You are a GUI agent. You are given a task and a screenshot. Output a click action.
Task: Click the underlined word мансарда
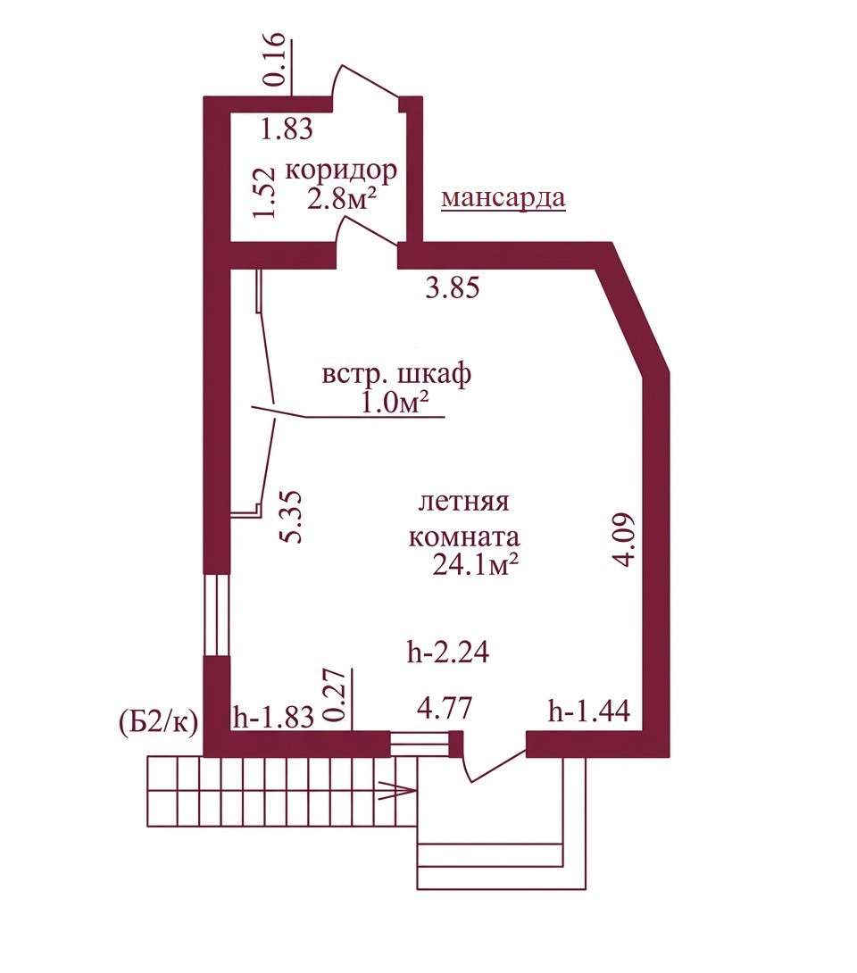pyautogui.click(x=503, y=197)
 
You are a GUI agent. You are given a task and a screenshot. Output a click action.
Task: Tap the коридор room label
pyautogui.click(x=341, y=170)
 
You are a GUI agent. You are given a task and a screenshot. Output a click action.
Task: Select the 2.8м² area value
pyautogui.click(x=343, y=199)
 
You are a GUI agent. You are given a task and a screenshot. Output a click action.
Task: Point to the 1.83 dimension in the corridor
pyautogui.click(x=286, y=129)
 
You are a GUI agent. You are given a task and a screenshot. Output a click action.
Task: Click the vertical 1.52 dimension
pyautogui.click(x=264, y=192)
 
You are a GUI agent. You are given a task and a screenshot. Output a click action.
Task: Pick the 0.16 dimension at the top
pyautogui.click(x=276, y=60)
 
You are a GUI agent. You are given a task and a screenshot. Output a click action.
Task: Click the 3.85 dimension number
pyautogui.click(x=453, y=288)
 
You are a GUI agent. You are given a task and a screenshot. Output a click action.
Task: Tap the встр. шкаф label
pyautogui.click(x=396, y=374)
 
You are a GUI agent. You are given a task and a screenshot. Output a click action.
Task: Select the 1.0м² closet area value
pyautogui.click(x=395, y=404)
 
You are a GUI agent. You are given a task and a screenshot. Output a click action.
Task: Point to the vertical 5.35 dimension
pyautogui.click(x=291, y=517)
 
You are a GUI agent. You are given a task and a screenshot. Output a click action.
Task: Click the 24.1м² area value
pyautogui.click(x=475, y=565)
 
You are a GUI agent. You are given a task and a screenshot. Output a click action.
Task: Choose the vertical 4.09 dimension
pyautogui.click(x=623, y=539)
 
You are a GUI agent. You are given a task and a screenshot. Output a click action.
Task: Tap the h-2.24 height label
pyautogui.click(x=448, y=652)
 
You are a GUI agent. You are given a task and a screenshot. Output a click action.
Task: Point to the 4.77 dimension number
pyautogui.click(x=445, y=708)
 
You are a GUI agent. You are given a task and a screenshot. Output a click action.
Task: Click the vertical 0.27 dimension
pyautogui.click(x=335, y=695)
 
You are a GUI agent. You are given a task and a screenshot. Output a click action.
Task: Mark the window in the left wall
pyautogui.click(x=217, y=614)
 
